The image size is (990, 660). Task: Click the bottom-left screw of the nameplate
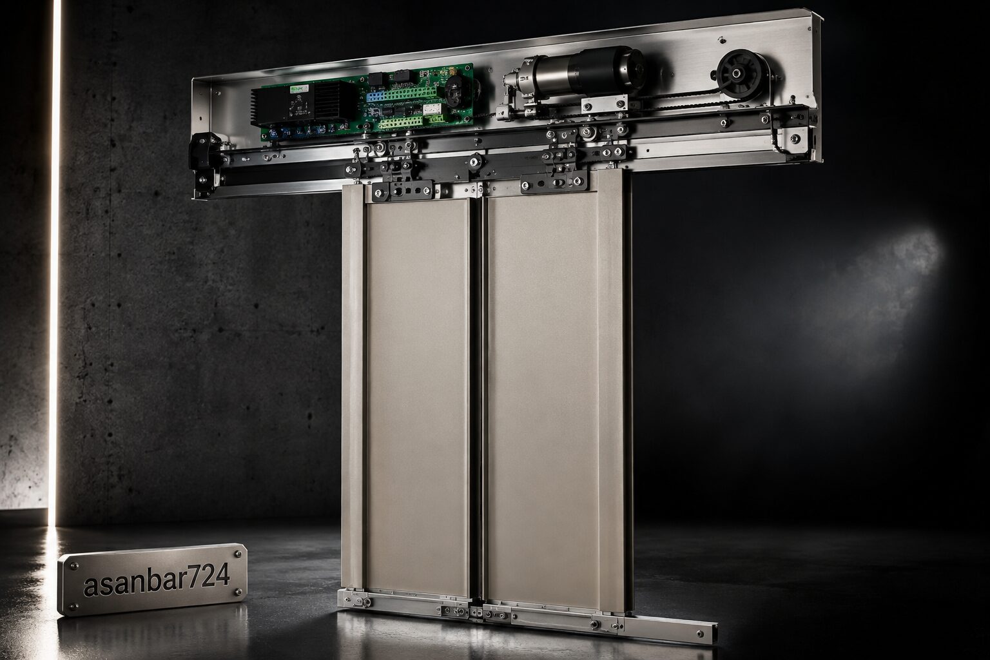pyautogui.click(x=74, y=606)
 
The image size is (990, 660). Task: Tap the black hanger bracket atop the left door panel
pyautogui.click(x=403, y=191)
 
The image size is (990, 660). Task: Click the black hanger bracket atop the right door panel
pyautogui.click(x=554, y=182)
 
